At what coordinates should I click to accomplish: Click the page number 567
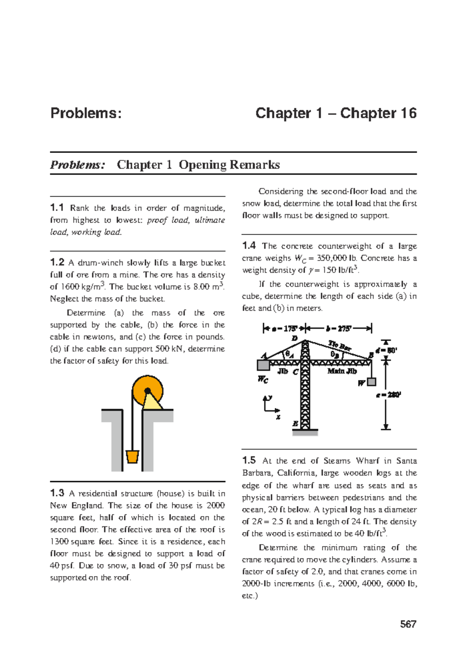(x=408, y=624)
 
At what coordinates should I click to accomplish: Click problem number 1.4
(x=249, y=246)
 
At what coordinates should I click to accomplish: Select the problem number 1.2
(x=57, y=262)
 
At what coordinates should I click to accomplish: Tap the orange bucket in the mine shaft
(x=132, y=456)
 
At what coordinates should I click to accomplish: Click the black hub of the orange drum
(x=147, y=391)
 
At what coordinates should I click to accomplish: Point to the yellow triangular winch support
(x=152, y=403)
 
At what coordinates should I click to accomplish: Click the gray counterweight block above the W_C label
(x=263, y=365)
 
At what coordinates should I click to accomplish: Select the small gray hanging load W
(x=372, y=382)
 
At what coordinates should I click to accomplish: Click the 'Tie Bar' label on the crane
(x=339, y=345)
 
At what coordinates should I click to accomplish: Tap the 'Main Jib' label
(x=342, y=371)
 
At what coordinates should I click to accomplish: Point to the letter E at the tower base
(x=295, y=424)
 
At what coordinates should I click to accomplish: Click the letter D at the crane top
(x=295, y=338)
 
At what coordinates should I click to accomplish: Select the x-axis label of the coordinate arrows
(x=278, y=417)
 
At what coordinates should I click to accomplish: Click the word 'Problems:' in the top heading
(x=86, y=113)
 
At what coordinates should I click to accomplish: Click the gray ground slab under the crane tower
(x=305, y=432)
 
